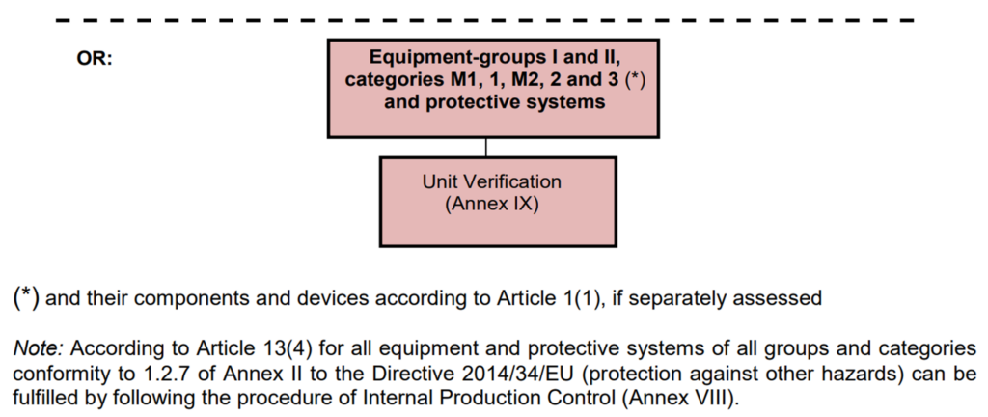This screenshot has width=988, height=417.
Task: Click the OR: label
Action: [x=95, y=61]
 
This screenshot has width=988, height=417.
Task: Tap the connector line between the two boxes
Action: [x=486, y=148]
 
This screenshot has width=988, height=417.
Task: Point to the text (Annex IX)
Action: [x=491, y=206]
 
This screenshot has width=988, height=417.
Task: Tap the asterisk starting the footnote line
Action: [x=26, y=298]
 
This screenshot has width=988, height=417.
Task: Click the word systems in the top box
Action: [x=570, y=102]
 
